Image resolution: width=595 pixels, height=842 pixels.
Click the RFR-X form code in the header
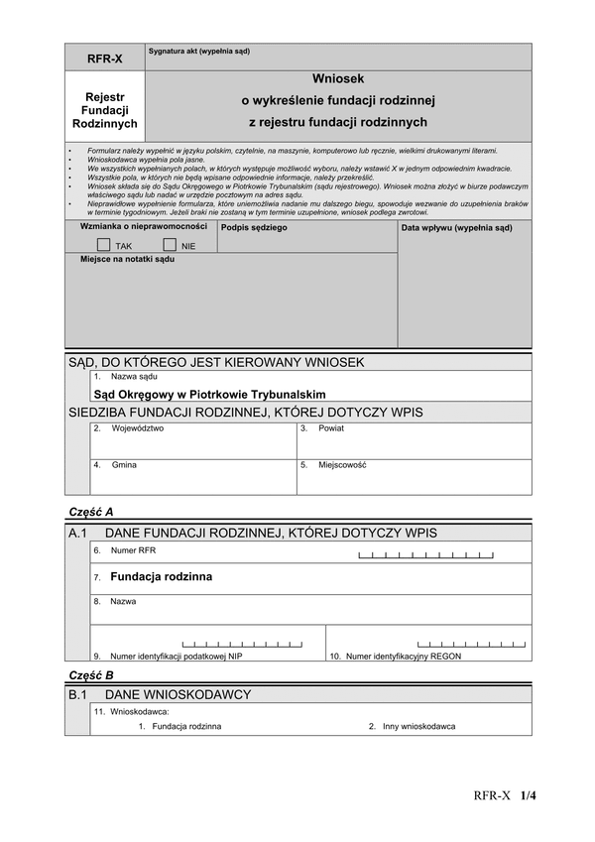(105, 59)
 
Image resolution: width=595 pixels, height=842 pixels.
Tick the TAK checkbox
(104, 244)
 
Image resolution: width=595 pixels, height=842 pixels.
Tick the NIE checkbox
(170, 244)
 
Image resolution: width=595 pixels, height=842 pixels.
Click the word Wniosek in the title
(338, 77)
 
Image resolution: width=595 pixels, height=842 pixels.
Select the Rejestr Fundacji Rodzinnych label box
(105, 110)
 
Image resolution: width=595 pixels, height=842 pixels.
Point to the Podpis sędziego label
(254, 228)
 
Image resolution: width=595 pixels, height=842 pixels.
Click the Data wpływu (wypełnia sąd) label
(456, 228)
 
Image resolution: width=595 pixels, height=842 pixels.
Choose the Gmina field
(193, 477)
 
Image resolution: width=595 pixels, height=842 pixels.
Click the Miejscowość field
(414, 477)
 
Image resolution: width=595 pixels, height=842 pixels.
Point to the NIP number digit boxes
(243, 644)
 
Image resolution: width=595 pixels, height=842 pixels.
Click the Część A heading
(91, 512)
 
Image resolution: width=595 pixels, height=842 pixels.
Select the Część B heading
(91, 674)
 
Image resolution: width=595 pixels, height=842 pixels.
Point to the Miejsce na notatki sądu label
(127, 259)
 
